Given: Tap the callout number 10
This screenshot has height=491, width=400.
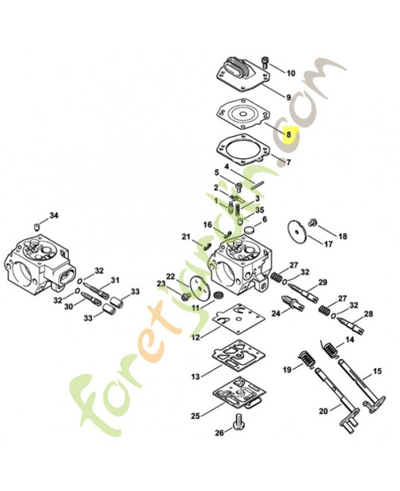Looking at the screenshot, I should point(291,73).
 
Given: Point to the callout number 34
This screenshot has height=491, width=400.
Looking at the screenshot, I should point(54,215).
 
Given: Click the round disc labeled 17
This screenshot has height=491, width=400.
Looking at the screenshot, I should point(297,232).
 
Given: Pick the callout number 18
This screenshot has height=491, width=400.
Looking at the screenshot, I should point(342,236).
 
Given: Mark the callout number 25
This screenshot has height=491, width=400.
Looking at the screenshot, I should point(195,416).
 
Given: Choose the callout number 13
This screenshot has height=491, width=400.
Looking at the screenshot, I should point(196,376).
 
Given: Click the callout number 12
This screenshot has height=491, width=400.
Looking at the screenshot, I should point(195,337).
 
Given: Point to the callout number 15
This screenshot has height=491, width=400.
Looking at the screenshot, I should point(377,371).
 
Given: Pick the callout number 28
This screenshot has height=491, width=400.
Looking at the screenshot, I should point(368,314).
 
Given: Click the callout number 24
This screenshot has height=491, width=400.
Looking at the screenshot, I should point(276,312).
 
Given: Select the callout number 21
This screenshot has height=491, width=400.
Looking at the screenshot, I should point(186,237).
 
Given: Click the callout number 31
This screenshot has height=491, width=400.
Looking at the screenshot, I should point(114,280).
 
